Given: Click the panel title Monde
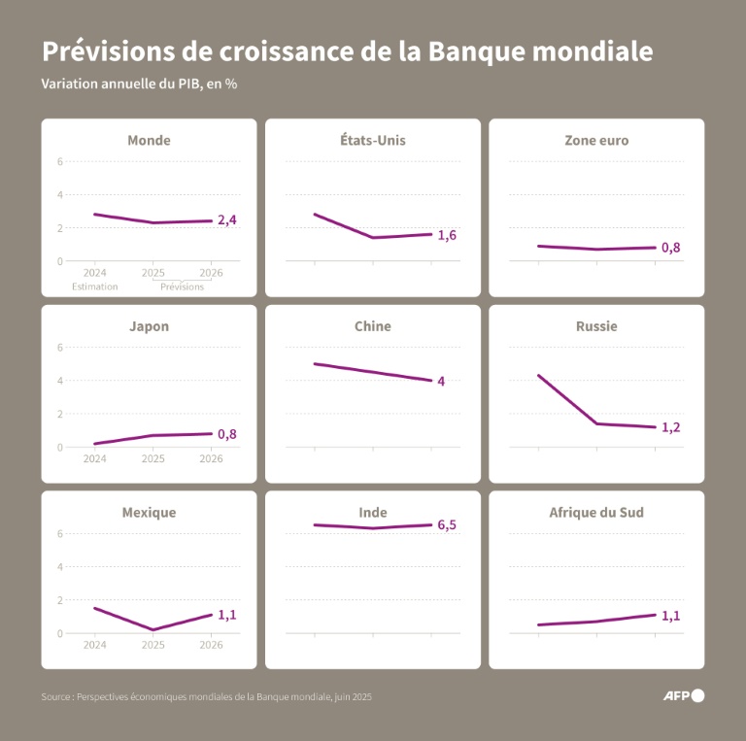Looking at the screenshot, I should point(149,140).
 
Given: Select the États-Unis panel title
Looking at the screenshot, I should point(373,140).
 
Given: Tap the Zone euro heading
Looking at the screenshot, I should point(596,140).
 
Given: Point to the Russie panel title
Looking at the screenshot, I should point(596,326).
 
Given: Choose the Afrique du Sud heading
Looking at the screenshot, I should point(596,512).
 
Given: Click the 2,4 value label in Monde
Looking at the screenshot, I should point(226,220).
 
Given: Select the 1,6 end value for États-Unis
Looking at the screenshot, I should point(447,235).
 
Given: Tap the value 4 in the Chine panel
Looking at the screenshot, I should point(441,381).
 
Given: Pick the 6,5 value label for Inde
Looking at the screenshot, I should point(447,525).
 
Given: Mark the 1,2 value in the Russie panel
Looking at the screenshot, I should point(670,427).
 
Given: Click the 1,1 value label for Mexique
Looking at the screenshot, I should point(226,615).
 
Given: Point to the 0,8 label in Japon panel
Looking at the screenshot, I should point(226,434).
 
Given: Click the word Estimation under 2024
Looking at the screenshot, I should point(95,286).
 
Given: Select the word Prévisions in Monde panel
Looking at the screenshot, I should point(182,286).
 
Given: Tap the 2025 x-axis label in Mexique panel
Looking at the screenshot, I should point(153,644).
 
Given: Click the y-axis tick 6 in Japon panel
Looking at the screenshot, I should point(60,348).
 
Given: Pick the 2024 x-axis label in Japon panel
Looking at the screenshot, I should point(95,458).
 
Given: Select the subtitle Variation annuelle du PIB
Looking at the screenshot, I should point(139,84).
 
